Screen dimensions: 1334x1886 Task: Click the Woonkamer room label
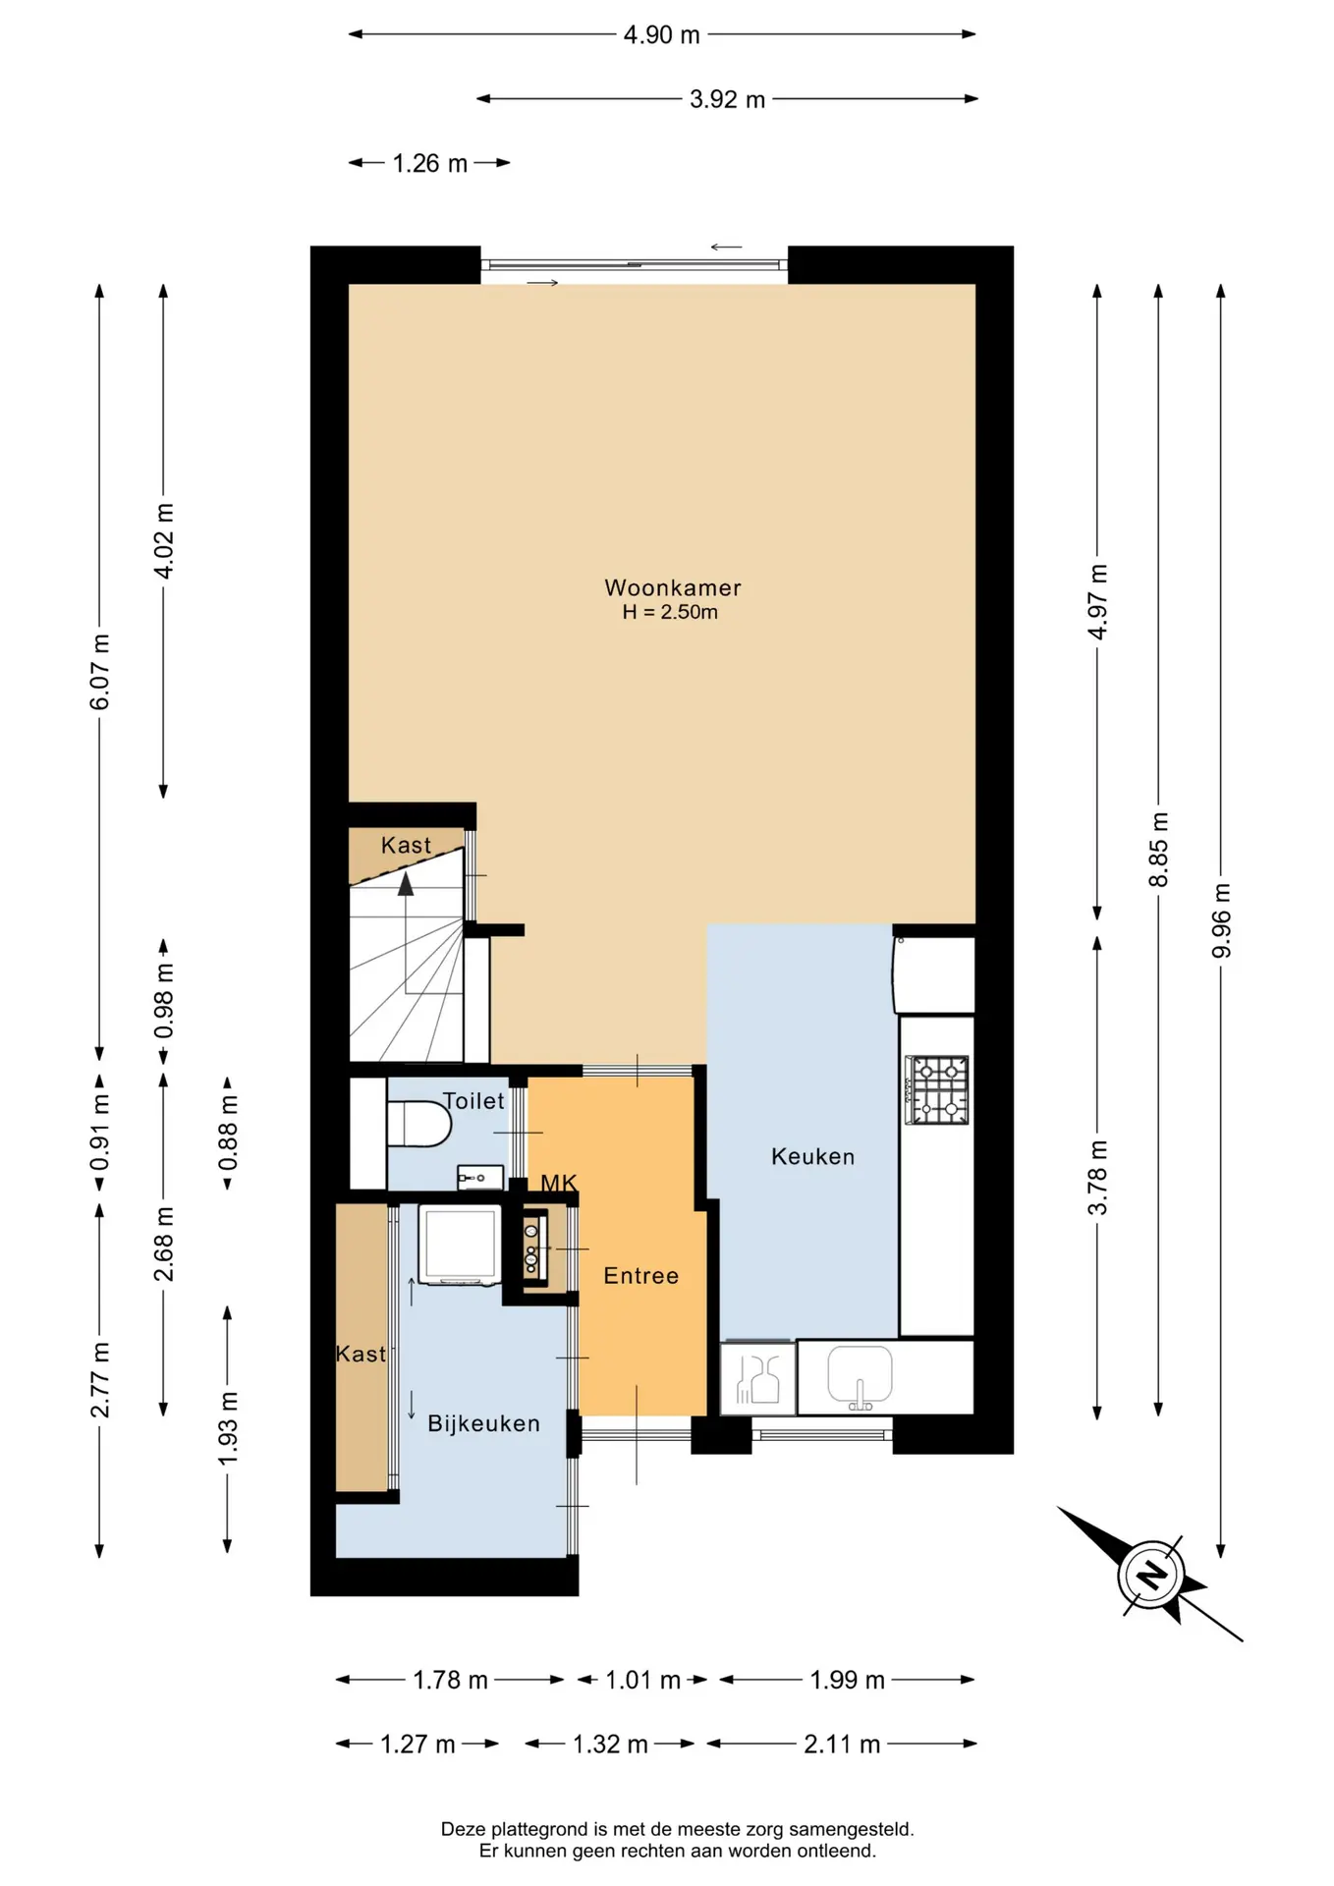click(672, 587)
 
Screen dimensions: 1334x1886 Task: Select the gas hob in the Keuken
click(937, 1089)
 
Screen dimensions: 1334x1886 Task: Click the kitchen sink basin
click(860, 1374)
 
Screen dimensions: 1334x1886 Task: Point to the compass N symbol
click(1150, 1575)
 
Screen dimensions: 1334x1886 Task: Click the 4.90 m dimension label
click(662, 34)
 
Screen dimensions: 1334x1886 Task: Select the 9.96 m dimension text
click(1221, 920)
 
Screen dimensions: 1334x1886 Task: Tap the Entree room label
click(640, 1275)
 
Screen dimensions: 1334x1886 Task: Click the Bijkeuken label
click(483, 1423)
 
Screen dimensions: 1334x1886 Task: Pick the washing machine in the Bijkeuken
click(459, 1245)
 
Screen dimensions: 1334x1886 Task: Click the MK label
click(559, 1183)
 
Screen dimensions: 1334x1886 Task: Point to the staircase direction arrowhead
click(406, 884)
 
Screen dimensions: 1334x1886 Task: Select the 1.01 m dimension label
click(642, 1680)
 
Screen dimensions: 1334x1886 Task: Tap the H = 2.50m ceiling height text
click(670, 612)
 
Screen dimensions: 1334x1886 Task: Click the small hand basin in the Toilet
click(479, 1177)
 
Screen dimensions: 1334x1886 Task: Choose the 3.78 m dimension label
click(1097, 1178)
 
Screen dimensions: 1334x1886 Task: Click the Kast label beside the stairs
click(406, 845)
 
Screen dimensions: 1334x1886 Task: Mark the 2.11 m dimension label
click(842, 1744)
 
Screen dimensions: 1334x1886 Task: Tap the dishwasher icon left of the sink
click(757, 1377)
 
